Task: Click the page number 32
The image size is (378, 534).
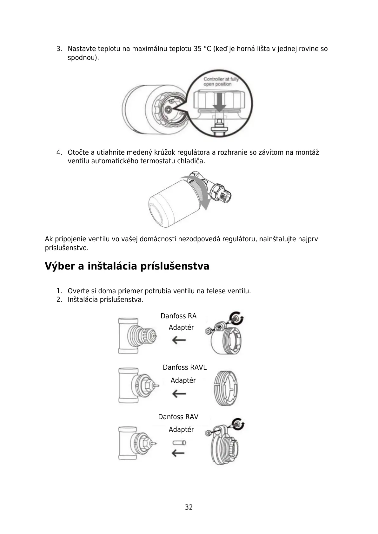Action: pyautogui.click(x=189, y=507)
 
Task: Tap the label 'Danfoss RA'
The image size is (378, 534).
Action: pyautogui.click(x=178, y=316)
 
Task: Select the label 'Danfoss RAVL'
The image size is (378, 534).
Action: pyautogui.click(x=184, y=368)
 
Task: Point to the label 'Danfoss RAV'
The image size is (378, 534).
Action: pyautogui.click(x=178, y=417)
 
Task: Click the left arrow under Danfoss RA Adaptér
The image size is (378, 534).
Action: pyautogui.click(x=179, y=341)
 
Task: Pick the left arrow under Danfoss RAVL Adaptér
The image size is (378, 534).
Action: pyautogui.click(x=179, y=394)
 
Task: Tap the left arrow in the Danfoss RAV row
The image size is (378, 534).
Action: pyautogui.click(x=178, y=453)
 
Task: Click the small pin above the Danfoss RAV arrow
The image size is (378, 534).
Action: pyautogui.click(x=179, y=443)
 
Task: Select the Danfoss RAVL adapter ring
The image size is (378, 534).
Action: pyautogui.click(x=226, y=388)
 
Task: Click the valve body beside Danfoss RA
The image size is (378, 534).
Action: pyautogui.click(x=136, y=336)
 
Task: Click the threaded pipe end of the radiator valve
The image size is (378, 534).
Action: pyautogui.click(x=226, y=194)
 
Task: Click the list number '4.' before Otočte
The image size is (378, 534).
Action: pyautogui.click(x=59, y=153)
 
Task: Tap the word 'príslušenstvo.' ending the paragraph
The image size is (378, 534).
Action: pyautogui.click(x=67, y=248)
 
